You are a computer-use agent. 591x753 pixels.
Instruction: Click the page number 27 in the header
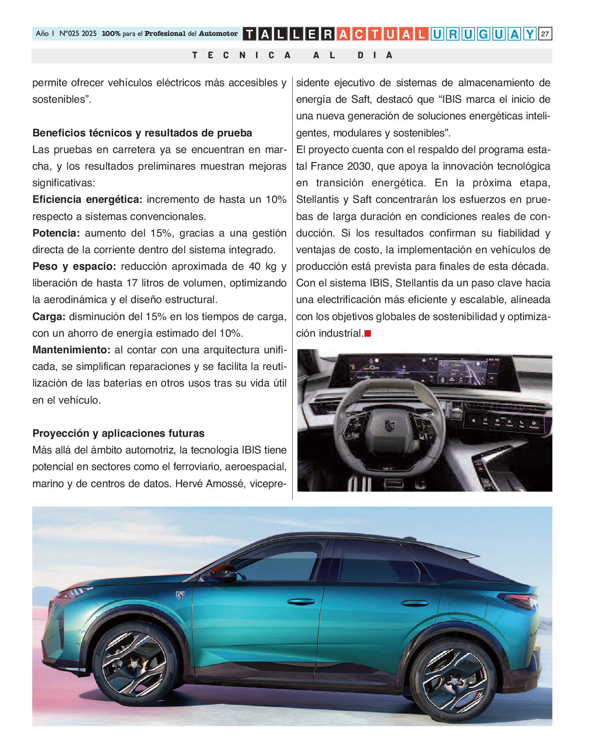click(545, 34)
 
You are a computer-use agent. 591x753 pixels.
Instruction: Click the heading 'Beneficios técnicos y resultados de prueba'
click(142, 133)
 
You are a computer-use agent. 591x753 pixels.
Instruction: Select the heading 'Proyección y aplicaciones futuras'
click(118, 433)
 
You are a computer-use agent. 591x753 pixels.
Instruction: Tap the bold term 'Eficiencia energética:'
click(87, 200)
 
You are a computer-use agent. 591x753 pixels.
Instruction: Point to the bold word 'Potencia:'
click(56, 233)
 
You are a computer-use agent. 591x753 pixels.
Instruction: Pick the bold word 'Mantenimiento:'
click(71, 350)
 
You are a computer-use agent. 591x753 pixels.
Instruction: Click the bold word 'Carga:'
click(49, 317)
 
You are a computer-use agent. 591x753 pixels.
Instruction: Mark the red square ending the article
click(368, 334)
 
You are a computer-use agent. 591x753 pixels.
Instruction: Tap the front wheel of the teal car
click(134, 664)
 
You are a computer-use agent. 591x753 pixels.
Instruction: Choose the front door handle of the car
click(301, 602)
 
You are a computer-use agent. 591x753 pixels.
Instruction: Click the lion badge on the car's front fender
click(180, 595)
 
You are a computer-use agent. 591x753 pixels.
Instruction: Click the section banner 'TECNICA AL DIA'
click(292, 56)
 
